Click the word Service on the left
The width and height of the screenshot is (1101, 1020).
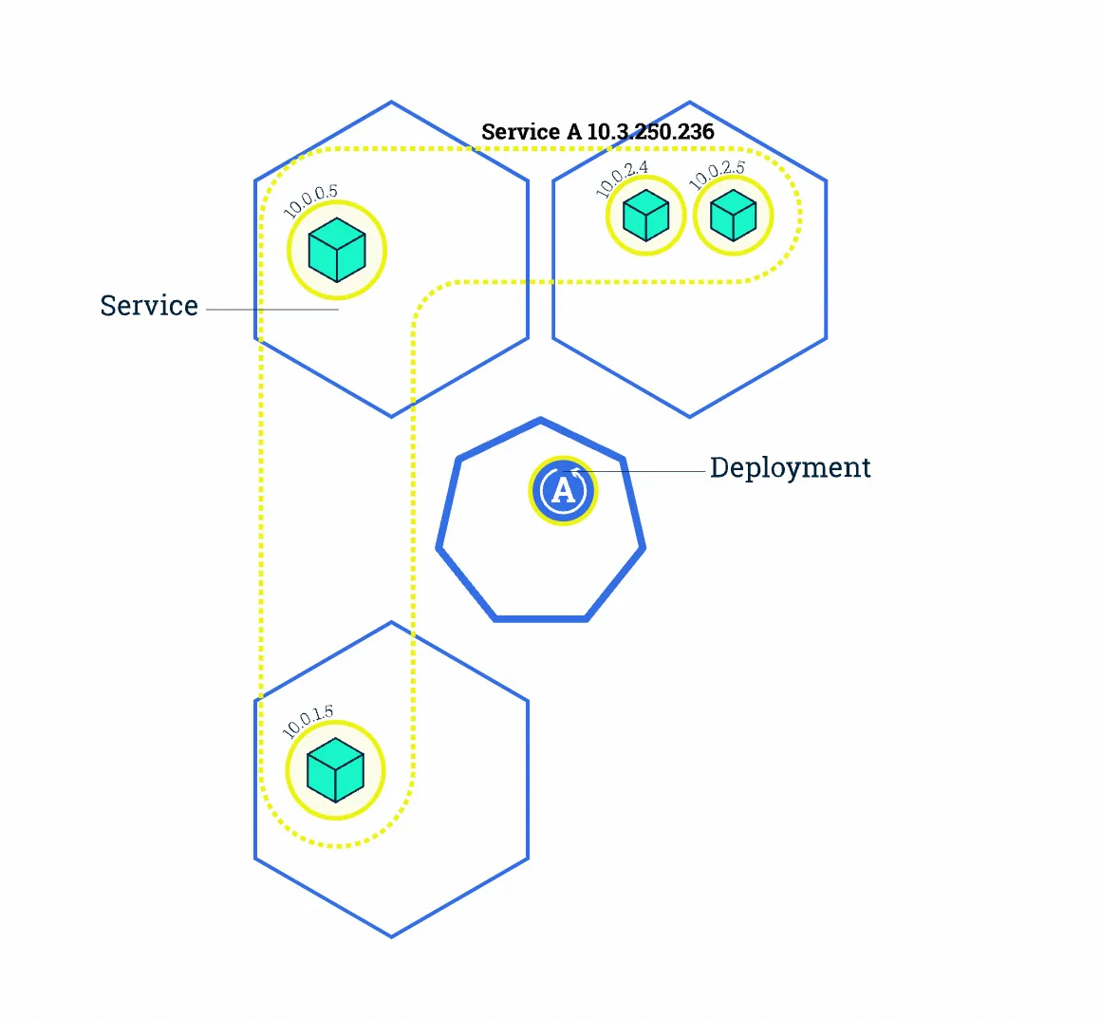[149, 306]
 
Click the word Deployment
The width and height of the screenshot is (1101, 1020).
[790, 467]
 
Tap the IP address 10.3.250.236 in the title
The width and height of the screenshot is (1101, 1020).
[650, 132]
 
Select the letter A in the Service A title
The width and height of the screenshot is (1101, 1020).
[574, 132]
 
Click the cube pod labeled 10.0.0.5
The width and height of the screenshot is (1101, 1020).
[337, 250]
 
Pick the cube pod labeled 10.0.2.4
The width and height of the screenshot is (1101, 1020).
[646, 216]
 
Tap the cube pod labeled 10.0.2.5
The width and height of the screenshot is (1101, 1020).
[733, 216]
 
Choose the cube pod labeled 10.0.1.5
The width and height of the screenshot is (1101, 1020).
[336, 770]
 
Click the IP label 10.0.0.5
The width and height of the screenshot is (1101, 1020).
[311, 201]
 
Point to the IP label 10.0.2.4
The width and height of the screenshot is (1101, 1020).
[622, 179]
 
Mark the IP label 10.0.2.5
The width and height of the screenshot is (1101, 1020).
[717, 176]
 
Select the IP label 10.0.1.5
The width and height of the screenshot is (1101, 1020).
[308, 722]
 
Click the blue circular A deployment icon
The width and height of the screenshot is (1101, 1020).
[563, 490]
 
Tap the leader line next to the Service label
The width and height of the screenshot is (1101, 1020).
[272, 310]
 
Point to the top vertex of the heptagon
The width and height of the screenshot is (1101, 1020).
[540, 419]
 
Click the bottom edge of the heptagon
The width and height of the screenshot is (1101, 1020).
[541, 619]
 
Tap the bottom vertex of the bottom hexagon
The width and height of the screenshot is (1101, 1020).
[391, 936]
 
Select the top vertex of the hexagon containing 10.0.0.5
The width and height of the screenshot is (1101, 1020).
[391, 102]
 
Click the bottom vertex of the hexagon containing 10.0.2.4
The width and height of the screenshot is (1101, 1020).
[689, 416]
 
